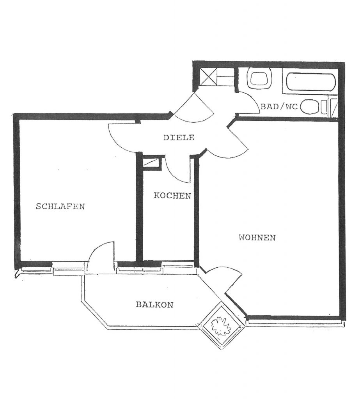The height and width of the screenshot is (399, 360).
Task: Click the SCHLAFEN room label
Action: click(60, 206)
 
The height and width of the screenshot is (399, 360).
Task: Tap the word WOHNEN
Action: click(257, 238)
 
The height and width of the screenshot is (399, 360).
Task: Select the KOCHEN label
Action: click(172, 196)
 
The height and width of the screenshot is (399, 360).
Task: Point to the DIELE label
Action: click(179, 138)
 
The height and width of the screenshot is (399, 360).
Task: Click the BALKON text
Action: click(155, 305)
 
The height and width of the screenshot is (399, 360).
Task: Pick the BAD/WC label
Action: click(279, 106)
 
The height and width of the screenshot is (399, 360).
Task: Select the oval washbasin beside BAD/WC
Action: click(310, 107)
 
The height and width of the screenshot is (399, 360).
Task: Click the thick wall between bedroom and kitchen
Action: click(139, 207)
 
